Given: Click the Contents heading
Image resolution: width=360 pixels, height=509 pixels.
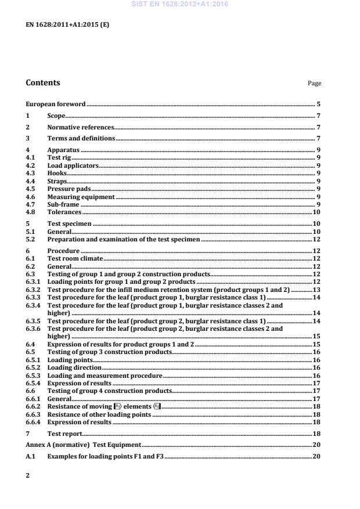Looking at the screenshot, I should coord(42,83).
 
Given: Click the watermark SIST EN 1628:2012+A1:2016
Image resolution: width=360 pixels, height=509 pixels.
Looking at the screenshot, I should coord(179,4).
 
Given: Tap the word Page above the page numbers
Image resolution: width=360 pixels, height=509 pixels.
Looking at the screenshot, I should coord(314,84).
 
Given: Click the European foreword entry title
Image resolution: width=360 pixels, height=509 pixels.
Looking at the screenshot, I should coord(56,104).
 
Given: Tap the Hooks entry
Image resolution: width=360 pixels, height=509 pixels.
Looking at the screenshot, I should coord(57,173).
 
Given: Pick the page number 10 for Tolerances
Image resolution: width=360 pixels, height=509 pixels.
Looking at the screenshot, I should coord(317,212).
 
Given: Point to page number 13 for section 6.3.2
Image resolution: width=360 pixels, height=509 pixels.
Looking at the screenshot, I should coord(317,289).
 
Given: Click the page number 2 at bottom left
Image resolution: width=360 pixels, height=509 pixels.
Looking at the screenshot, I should coord(28,474).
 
